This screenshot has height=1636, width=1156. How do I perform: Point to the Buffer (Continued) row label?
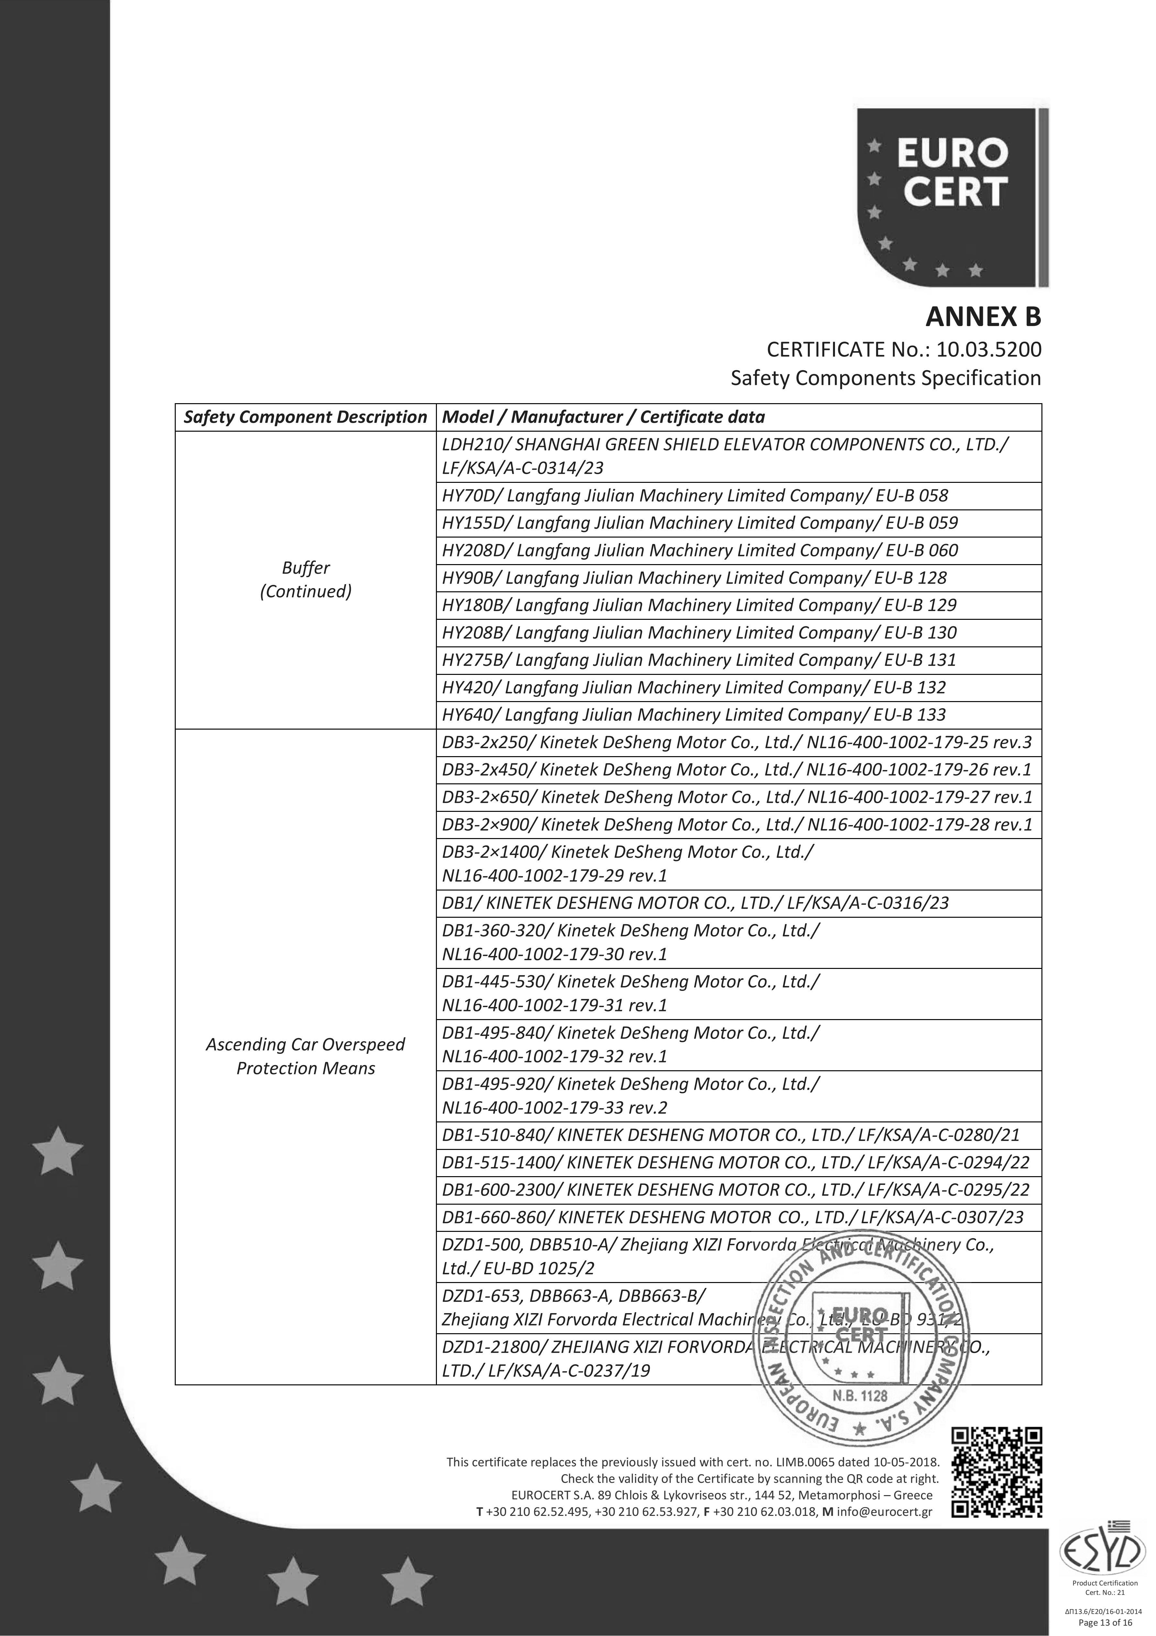pyautogui.click(x=306, y=579)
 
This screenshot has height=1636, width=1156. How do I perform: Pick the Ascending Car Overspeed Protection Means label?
pyautogui.click(x=306, y=1056)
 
